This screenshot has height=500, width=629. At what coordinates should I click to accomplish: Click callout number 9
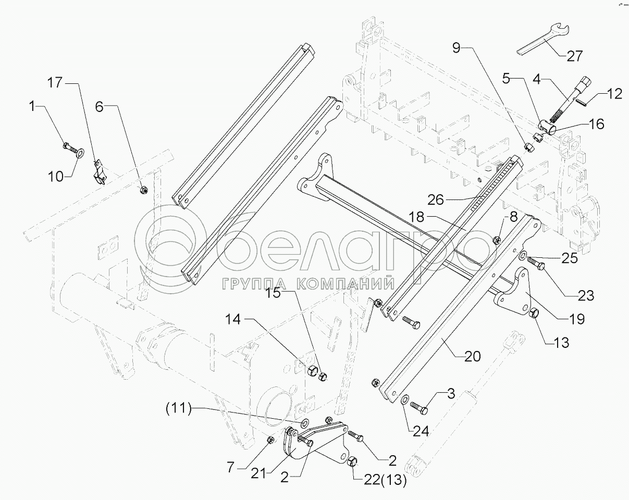457,48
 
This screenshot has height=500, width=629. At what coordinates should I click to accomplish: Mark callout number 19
576,319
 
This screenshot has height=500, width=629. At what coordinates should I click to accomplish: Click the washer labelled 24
404,400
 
